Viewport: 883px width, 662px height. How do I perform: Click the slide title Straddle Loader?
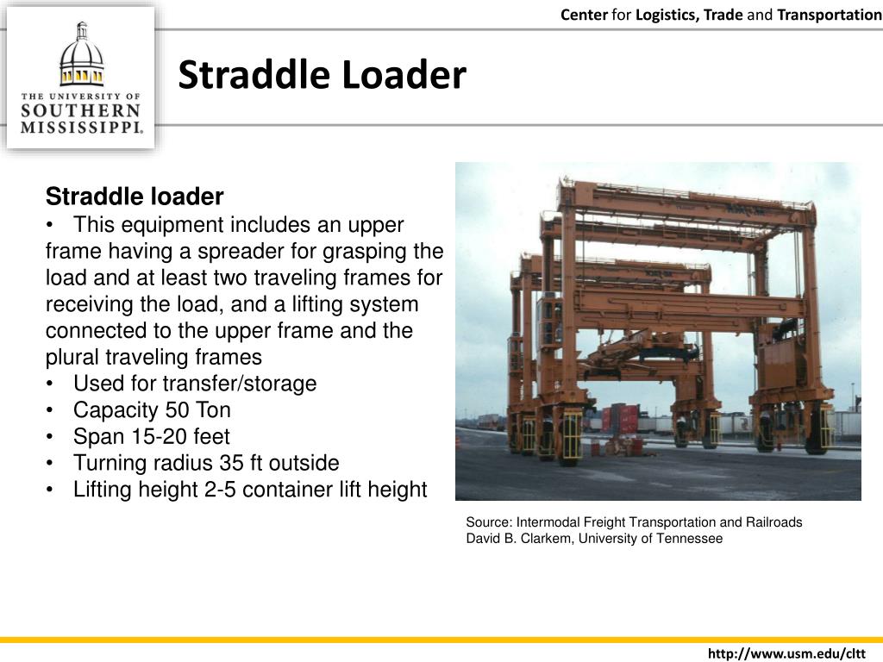click(322, 76)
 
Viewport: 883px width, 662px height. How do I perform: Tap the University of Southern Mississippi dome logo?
click(81, 56)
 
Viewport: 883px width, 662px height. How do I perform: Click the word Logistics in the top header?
click(665, 15)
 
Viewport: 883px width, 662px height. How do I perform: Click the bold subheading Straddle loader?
click(135, 197)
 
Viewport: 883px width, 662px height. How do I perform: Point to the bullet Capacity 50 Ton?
click(152, 410)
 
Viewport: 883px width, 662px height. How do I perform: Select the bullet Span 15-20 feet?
click(151, 436)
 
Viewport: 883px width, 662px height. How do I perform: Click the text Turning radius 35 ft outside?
click(206, 463)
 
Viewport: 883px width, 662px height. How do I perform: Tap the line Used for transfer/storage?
click(195, 384)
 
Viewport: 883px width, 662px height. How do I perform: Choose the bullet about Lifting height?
click(249, 490)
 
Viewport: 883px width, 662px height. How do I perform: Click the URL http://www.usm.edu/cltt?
click(786, 654)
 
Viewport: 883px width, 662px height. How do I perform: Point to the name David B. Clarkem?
click(518, 539)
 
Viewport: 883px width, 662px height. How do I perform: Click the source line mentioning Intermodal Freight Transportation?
click(634, 522)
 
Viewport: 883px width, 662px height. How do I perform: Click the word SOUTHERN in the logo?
click(81, 111)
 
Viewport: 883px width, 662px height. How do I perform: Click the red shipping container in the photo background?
click(628, 419)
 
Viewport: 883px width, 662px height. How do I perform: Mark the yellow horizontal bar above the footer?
click(441, 640)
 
